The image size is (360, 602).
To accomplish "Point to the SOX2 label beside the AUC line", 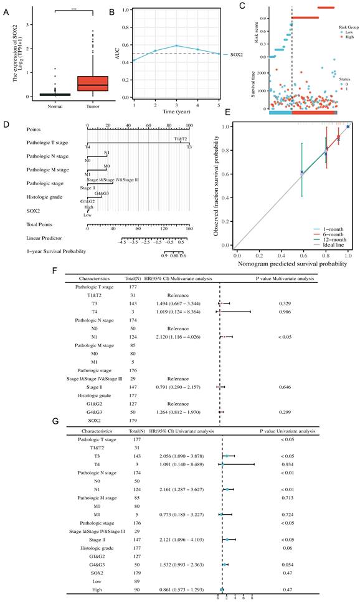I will point(231,55).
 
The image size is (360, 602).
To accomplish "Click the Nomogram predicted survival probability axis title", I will point(291,264).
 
